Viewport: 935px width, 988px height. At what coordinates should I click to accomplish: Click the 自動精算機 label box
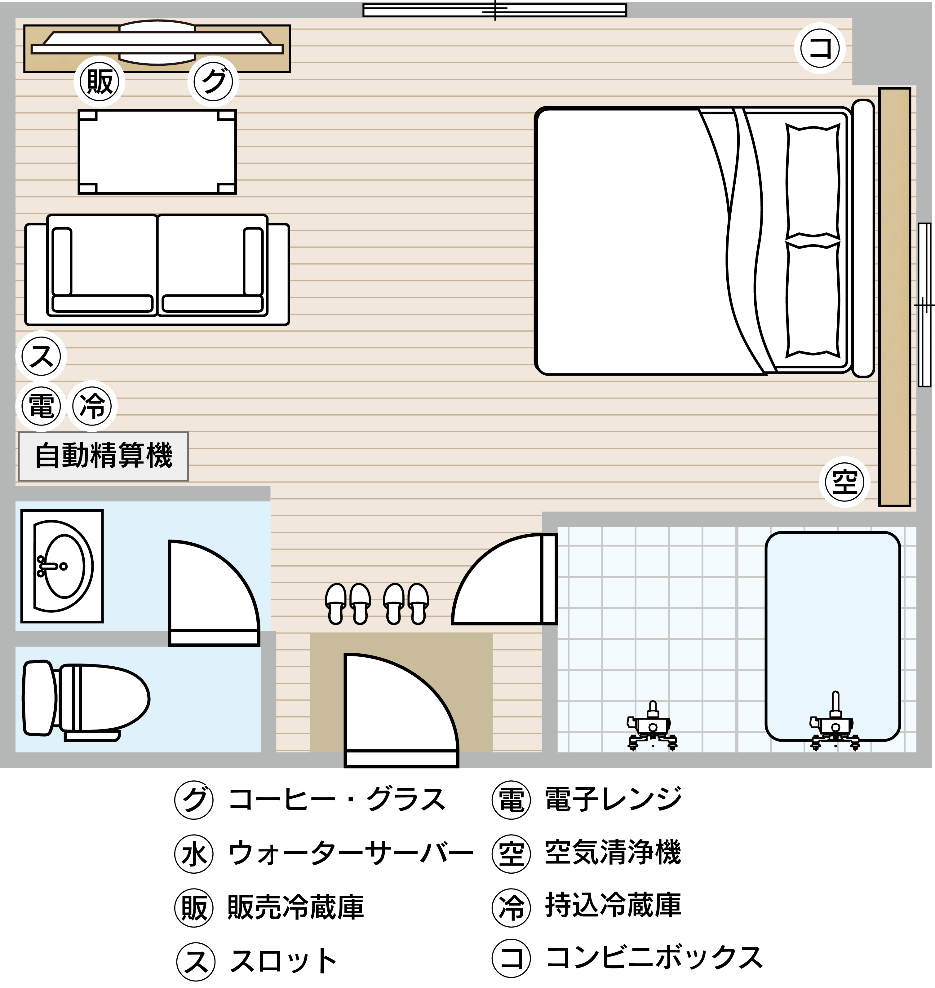(103, 456)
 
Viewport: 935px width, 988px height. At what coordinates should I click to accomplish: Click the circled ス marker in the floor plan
(41, 356)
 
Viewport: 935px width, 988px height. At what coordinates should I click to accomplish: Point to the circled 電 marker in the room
(41, 406)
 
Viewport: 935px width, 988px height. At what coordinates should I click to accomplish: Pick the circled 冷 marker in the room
(92, 406)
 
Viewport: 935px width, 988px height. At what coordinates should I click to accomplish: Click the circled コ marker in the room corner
(820, 48)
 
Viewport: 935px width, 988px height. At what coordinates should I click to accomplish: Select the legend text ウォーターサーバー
(350, 853)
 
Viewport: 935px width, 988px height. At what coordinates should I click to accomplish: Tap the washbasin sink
(62, 566)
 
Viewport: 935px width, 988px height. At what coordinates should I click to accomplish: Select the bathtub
(833, 636)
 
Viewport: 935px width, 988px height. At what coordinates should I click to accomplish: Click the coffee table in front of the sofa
(157, 152)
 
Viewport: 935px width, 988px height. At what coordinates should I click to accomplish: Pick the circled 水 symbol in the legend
(194, 854)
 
